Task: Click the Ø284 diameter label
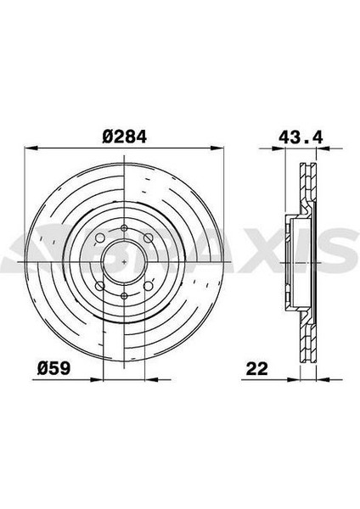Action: [x=125, y=137]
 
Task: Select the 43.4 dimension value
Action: [x=301, y=137]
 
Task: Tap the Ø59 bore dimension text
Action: [x=53, y=368]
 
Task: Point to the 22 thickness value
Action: [x=257, y=369]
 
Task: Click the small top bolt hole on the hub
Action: [x=124, y=228]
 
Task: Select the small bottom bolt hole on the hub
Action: [x=124, y=296]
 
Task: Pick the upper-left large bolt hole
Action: [x=100, y=238]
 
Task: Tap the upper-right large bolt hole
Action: [x=148, y=238]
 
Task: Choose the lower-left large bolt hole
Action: [x=100, y=286]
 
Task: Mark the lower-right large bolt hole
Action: [x=148, y=286]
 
